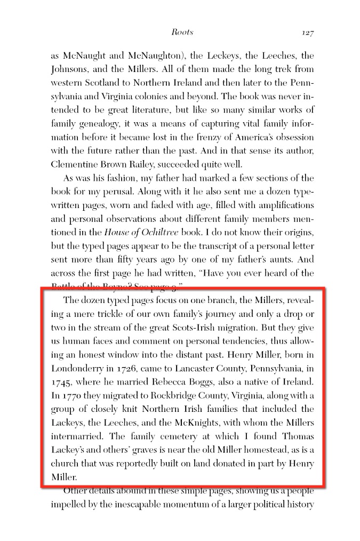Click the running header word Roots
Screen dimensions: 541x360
[x=182, y=32]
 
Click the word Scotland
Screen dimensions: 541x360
[x=110, y=83]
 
